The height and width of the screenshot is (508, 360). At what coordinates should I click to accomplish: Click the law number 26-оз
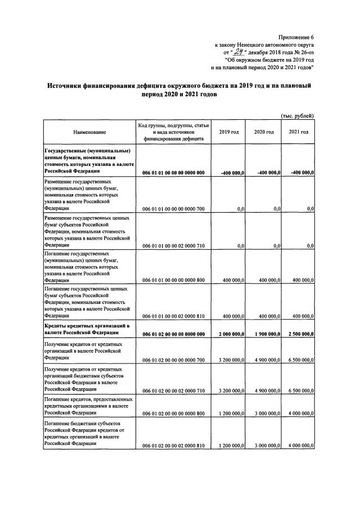pyautogui.click(x=304, y=52)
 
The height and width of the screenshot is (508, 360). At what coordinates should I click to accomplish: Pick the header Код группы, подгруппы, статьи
pyautogui.click(x=173, y=125)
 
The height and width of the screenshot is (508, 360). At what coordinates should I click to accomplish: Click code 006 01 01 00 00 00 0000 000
pyautogui.click(x=173, y=172)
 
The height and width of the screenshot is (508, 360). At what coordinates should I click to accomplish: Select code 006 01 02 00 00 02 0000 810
pyautogui.click(x=173, y=446)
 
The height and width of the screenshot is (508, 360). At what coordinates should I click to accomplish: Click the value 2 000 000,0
pyautogui.click(x=227, y=334)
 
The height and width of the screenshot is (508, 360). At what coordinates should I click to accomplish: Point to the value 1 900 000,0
pyautogui.click(x=263, y=334)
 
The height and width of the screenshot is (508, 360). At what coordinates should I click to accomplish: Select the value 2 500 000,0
pyautogui.click(x=298, y=334)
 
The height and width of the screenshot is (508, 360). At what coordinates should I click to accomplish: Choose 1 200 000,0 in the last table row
pyautogui.click(x=227, y=446)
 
